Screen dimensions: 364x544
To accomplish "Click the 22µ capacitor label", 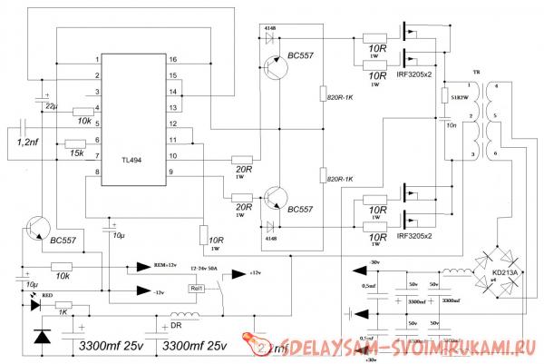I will pyautogui.click(x=52, y=108).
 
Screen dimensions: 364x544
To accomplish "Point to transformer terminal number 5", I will pyautogui.click(x=495, y=117).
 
